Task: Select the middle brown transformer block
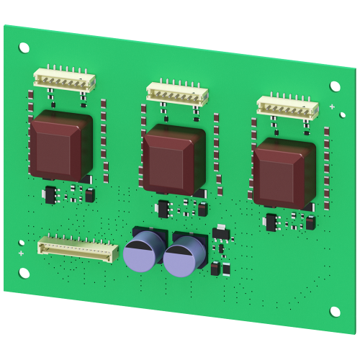(x=175, y=158)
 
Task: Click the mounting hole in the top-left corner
(x=24, y=48)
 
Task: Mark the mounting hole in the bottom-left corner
(x=24, y=274)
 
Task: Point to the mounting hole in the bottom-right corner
(x=335, y=312)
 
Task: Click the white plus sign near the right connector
(x=331, y=107)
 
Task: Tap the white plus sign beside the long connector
(x=20, y=254)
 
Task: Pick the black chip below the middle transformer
(x=163, y=208)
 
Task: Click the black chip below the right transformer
(x=271, y=221)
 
